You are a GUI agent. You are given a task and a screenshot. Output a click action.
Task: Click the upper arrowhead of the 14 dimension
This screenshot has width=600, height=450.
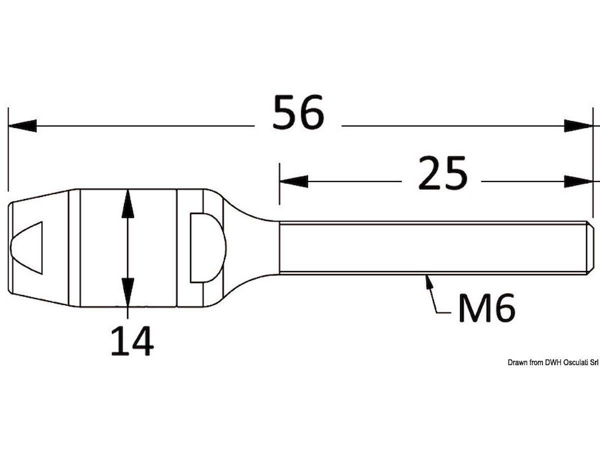coord(128,203)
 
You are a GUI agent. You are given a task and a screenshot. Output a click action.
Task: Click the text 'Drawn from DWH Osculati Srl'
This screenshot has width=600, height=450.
coord(553,362)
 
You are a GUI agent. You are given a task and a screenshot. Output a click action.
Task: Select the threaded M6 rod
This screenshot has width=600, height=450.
coord(430,248)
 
